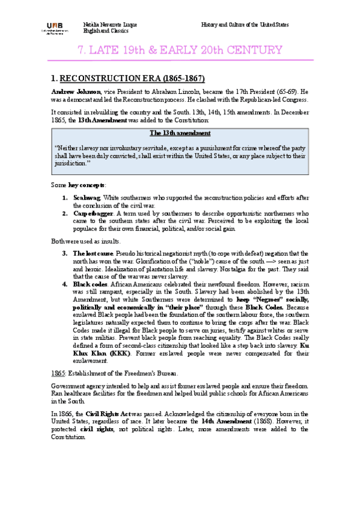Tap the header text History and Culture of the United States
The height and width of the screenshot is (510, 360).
pyautogui.click(x=245, y=25)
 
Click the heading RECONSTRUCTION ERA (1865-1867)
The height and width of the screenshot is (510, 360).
pyautogui.click(x=133, y=78)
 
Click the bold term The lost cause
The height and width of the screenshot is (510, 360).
pyautogui.click(x=93, y=253)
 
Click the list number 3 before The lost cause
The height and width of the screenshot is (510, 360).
pyautogui.click(x=64, y=253)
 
